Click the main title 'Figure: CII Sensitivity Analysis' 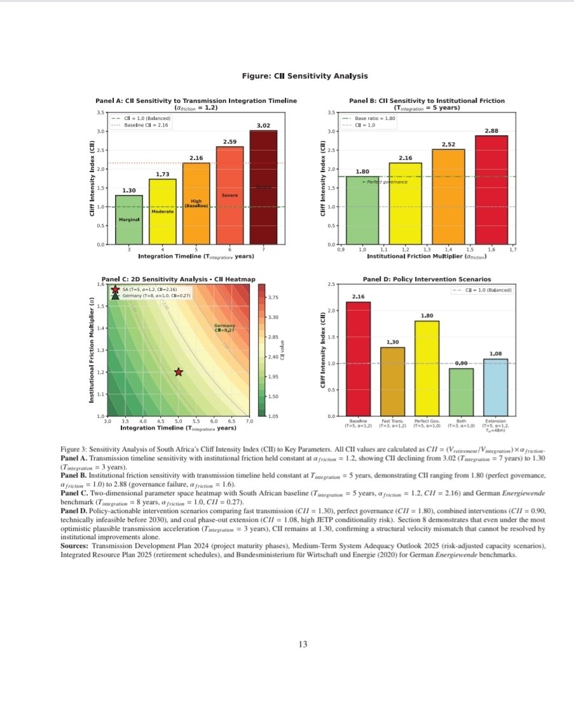tap(304, 76)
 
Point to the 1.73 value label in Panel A tap(162, 173)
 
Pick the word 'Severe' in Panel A tap(229, 196)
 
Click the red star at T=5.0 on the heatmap tap(178, 372)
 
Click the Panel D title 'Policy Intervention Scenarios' tap(427, 279)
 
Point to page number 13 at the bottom tap(303, 645)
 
